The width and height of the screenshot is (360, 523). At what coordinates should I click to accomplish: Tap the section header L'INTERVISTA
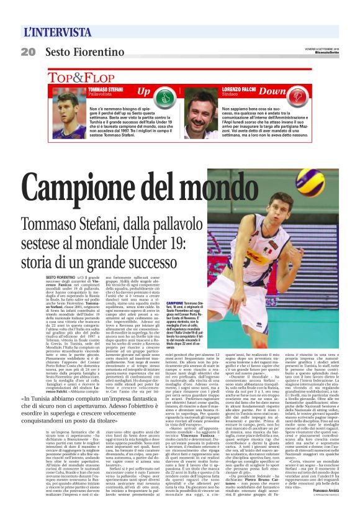pyautogui.click(x=58, y=32)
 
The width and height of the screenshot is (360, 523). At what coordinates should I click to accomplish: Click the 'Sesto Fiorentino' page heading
pyautogui.click(x=85, y=52)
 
